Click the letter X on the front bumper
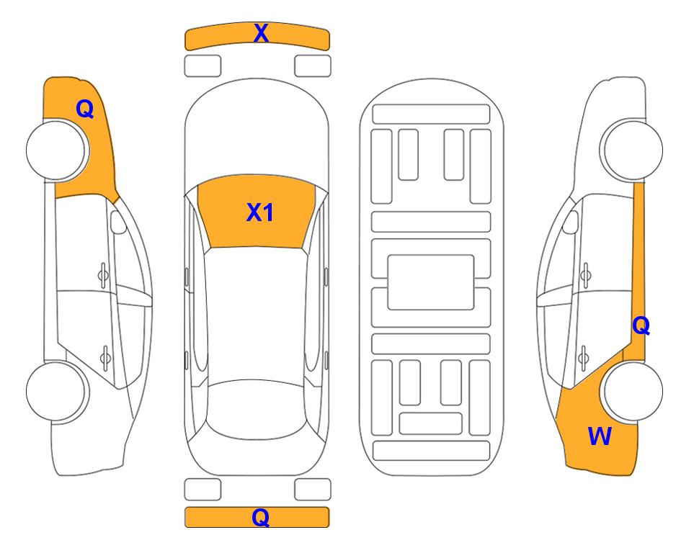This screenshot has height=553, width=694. [x=261, y=33]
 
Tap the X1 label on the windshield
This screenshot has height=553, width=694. [x=259, y=212]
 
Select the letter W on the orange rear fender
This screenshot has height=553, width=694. [x=600, y=436]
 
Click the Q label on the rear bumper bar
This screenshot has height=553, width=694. [x=260, y=517]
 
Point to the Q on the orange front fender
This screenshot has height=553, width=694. [x=85, y=109]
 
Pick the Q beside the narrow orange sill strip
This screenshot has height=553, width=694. [x=641, y=325]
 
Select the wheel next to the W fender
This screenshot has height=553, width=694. [x=633, y=392]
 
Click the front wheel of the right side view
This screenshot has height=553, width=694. [x=633, y=150]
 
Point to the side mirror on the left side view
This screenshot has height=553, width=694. [x=118, y=222]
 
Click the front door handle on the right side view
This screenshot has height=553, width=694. [x=585, y=273]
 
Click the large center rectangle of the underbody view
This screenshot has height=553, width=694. [x=431, y=282]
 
